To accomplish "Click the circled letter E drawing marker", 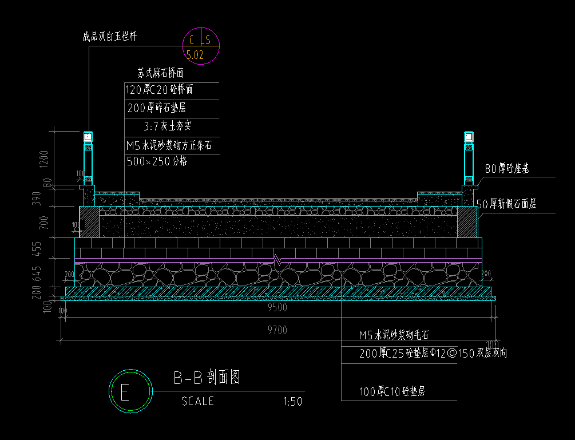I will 130,391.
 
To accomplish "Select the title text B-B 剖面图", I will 206,378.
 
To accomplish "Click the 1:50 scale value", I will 292,402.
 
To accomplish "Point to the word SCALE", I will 198,402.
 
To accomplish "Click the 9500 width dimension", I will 277,308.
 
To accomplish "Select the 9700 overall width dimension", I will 277,330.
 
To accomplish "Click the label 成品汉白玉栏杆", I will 109,37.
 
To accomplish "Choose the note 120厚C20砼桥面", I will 159,90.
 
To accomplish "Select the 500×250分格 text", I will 157,161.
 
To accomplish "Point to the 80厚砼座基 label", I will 507,169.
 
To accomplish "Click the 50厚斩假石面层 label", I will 506,204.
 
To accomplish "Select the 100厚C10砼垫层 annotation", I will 391,392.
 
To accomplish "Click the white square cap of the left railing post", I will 88,137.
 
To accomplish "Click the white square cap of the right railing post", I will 469,137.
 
